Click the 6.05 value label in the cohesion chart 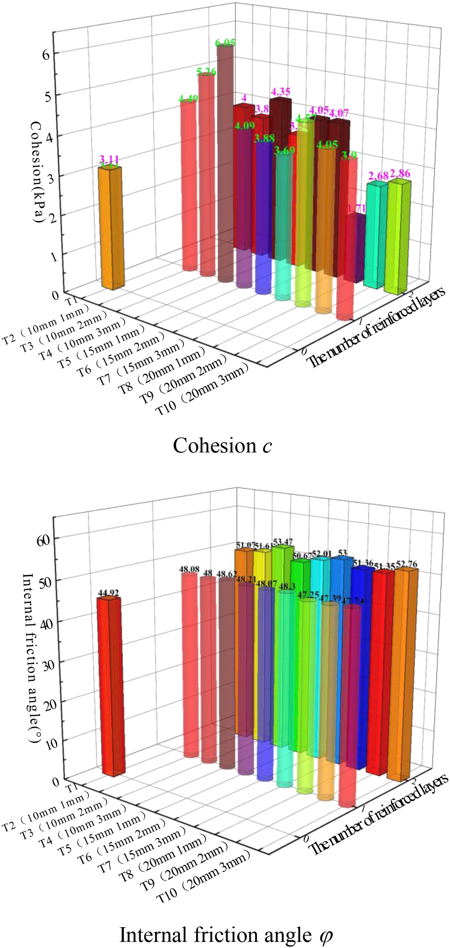pyautogui.click(x=225, y=43)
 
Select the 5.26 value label pyautogui.click(x=206, y=71)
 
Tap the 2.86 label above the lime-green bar pyautogui.click(x=400, y=173)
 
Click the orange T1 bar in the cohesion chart pyautogui.click(x=111, y=228)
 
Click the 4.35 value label pyautogui.click(x=281, y=92)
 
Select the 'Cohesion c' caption pyautogui.click(x=222, y=446)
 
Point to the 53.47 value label pyautogui.click(x=283, y=541)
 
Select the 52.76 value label pyautogui.click(x=406, y=564)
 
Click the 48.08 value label pyautogui.click(x=189, y=570)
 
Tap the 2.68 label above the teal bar pyautogui.click(x=378, y=176)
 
